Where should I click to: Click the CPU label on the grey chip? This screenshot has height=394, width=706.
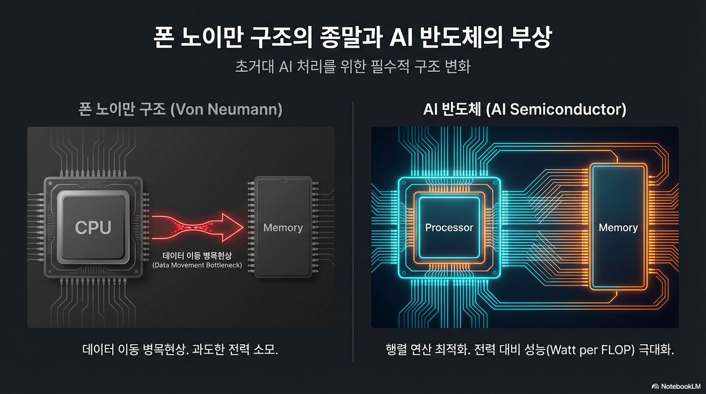(x=93, y=227)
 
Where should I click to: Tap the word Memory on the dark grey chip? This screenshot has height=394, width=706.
(x=283, y=227)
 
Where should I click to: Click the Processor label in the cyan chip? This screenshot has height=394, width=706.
(x=449, y=227)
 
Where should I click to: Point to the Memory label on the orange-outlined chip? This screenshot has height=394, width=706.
(x=618, y=227)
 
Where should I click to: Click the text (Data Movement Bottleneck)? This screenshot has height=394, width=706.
(x=197, y=265)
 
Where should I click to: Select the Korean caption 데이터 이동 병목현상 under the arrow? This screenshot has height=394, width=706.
(x=197, y=255)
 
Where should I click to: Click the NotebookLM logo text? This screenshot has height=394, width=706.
(x=680, y=386)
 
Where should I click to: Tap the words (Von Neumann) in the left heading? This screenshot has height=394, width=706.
(x=226, y=109)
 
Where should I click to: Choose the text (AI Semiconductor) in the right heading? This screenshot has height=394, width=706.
(x=556, y=109)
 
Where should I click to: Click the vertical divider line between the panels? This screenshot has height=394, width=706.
(x=353, y=231)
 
